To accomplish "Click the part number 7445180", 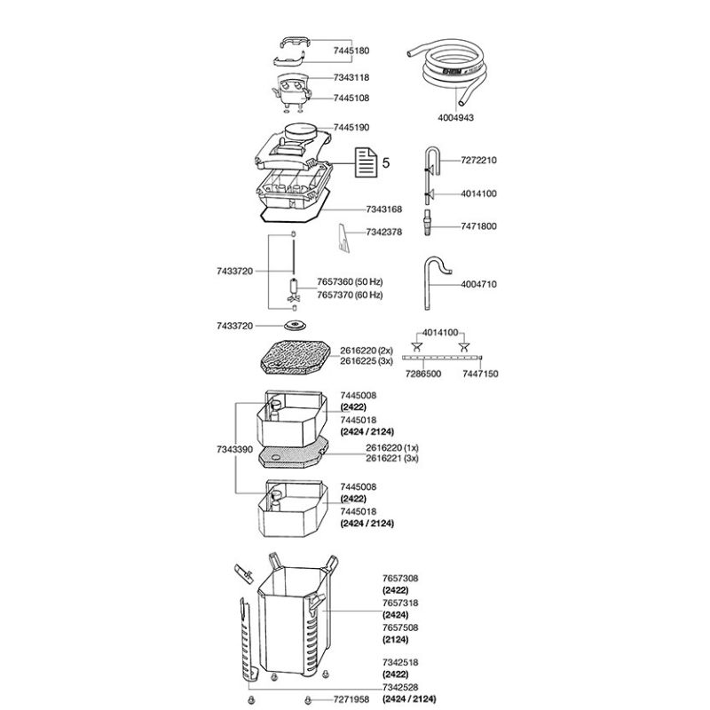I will (351, 51).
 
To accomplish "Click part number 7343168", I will (383, 209).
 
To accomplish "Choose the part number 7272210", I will (478, 160).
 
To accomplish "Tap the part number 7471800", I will (478, 226).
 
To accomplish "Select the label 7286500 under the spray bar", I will (422, 374).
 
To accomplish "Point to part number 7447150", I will (480, 374).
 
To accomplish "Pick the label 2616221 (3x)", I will (391, 459).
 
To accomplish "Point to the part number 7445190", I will (351, 128).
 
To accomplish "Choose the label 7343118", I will (351, 78).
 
